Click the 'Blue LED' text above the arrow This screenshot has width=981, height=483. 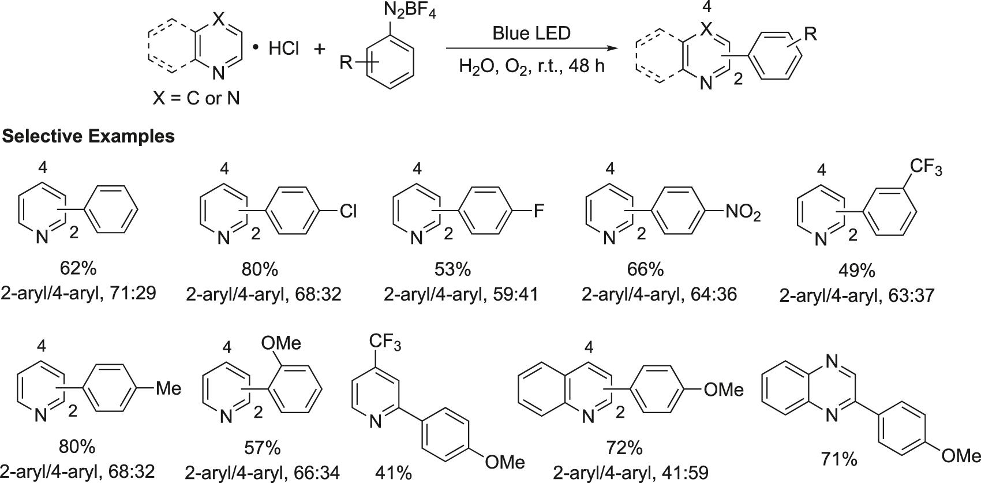coord(531,33)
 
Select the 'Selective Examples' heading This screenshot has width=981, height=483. coord(88,136)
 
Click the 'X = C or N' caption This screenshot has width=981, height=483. coord(196,99)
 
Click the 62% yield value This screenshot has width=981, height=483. coord(78,269)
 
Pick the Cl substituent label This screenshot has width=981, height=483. coord(348,212)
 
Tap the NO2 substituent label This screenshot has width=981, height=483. coord(743,213)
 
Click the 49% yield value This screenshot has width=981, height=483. coord(856,271)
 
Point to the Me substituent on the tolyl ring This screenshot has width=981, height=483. coord(169,388)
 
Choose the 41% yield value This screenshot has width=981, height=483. coord(393,474)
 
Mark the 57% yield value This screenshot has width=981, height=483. coord(263,448)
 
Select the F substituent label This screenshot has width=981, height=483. coord(538,212)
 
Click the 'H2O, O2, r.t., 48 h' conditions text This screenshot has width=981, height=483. coord(531,66)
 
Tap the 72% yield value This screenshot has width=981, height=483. coord(624,448)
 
